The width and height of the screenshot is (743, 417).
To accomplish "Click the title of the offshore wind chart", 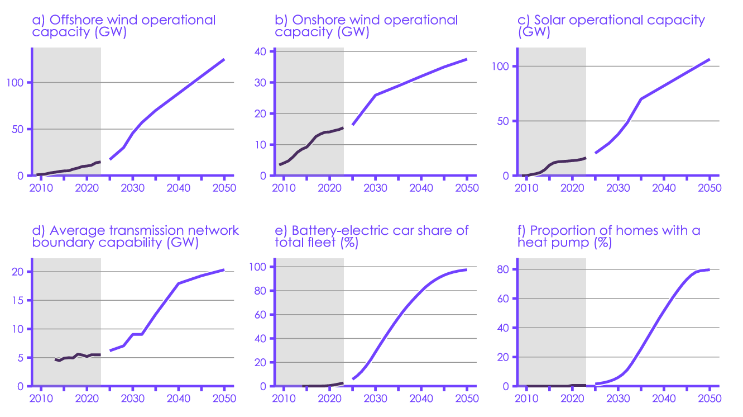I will click(124, 26).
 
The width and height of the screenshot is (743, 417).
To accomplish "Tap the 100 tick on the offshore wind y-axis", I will click(18, 83).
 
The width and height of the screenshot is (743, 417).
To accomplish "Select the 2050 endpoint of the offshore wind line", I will click(224, 59).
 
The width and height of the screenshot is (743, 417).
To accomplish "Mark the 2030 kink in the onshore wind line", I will click(375, 95).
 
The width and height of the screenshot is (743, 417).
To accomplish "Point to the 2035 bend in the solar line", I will click(641, 99).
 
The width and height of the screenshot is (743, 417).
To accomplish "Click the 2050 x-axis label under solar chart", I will click(709, 187).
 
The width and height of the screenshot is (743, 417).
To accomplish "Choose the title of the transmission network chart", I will click(135, 236).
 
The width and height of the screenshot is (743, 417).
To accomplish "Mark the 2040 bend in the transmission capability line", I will click(178, 283).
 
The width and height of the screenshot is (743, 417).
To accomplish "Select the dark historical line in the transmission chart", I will click(78, 356).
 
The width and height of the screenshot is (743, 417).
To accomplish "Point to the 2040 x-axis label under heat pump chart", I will click(663, 398).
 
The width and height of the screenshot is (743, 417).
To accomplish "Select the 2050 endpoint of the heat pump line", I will click(709, 270).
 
